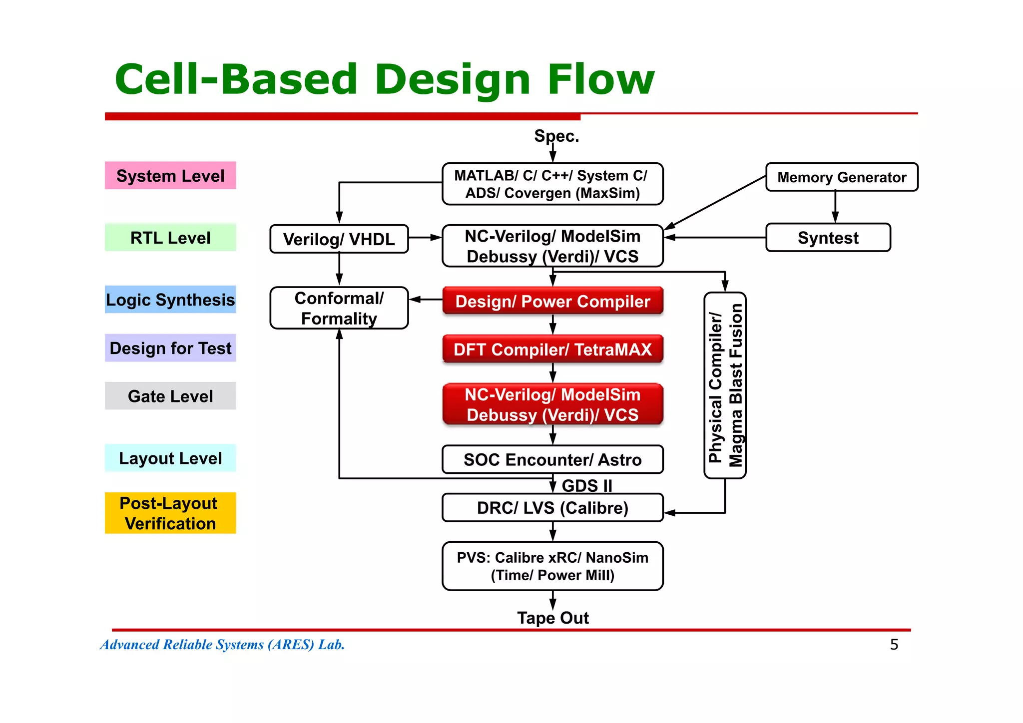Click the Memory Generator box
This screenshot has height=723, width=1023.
pyautogui.click(x=842, y=177)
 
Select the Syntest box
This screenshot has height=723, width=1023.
pyautogui.click(x=828, y=238)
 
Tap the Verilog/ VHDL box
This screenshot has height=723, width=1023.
pyautogui.click(x=339, y=239)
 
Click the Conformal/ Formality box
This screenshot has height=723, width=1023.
pyautogui.click(x=339, y=308)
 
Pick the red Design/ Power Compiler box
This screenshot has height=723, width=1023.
pyautogui.click(x=552, y=301)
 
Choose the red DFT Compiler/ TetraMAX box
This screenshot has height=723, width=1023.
pyautogui.click(x=552, y=349)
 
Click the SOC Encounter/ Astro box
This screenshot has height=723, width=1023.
pyautogui.click(x=552, y=459)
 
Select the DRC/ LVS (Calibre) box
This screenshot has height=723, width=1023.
pyautogui.click(x=552, y=508)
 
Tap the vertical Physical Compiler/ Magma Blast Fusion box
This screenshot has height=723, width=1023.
pyautogui.click(x=725, y=385)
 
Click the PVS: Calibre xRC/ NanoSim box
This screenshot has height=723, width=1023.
pyautogui.click(x=552, y=566)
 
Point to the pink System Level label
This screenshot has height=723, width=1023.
pyautogui.click(x=170, y=176)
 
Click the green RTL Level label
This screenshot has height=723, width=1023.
pyautogui.click(x=170, y=238)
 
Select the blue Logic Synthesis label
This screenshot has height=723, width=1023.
pyautogui.click(x=170, y=300)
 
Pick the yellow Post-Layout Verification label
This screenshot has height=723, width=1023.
pyautogui.click(x=170, y=513)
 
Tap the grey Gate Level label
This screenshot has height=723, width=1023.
pyautogui.click(x=170, y=396)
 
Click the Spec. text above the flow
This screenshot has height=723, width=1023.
pyautogui.click(x=556, y=136)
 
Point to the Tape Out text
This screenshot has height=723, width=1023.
pyautogui.click(x=552, y=618)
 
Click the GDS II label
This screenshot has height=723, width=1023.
pyautogui.click(x=587, y=485)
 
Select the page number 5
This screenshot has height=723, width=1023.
pyautogui.click(x=894, y=645)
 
